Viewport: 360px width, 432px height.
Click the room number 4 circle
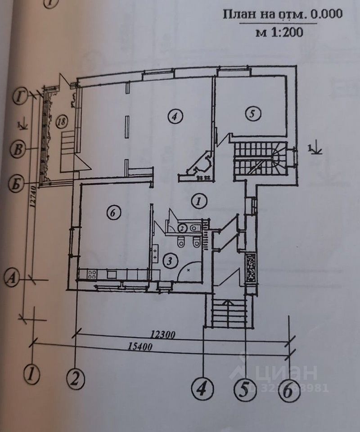pyautogui.click(x=175, y=116)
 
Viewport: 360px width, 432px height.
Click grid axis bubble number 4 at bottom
pyautogui.click(x=202, y=387)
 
